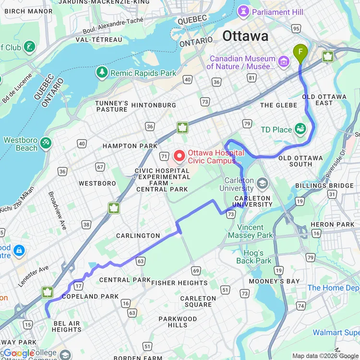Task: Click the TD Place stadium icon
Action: (300, 129)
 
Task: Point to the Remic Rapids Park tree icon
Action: (101, 73)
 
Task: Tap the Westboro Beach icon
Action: (46, 143)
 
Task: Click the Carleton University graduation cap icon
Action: (262, 183)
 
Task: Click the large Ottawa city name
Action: (245, 36)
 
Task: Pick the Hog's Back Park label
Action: (253, 257)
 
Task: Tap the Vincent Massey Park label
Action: (250, 231)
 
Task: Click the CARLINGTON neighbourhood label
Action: (138, 236)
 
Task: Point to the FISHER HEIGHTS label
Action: (179, 283)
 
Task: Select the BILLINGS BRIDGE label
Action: (331, 186)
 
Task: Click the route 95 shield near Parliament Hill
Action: (296, 29)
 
